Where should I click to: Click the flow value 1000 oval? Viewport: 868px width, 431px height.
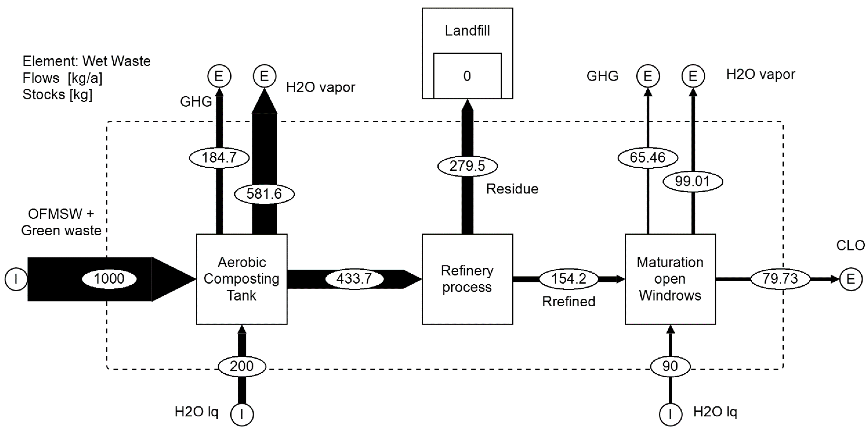pyautogui.click(x=109, y=279)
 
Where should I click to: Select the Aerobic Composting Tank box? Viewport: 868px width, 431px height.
pyautogui.click(x=242, y=279)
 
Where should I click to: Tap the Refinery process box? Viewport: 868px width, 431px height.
pyautogui.click(x=467, y=279)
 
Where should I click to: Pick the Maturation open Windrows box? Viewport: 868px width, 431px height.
pyautogui.click(x=670, y=279)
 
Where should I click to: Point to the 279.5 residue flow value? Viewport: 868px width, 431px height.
pyautogui.click(x=467, y=166)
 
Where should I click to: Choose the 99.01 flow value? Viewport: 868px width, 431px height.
pyautogui.click(x=692, y=181)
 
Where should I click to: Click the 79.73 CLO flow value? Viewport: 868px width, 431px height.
pyautogui.click(x=780, y=279)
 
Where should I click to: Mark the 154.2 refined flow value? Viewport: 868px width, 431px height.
pyautogui.click(x=568, y=279)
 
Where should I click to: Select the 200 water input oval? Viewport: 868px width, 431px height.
pyautogui.click(x=242, y=366)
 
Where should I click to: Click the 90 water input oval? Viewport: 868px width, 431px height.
pyautogui.click(x=670, y=366)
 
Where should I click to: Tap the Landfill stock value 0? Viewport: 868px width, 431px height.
pyautogui.click(x=467, y=76)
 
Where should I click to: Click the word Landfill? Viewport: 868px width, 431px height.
pyautogui.click(x=467, y=31)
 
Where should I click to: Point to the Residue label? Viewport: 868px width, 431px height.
pyautogui.click(x=512, y=189)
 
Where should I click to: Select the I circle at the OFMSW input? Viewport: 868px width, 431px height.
pyautogui.click(x=16, y=279)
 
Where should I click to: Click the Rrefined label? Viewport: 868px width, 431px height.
pyautogui.click(x=568, y=301)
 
